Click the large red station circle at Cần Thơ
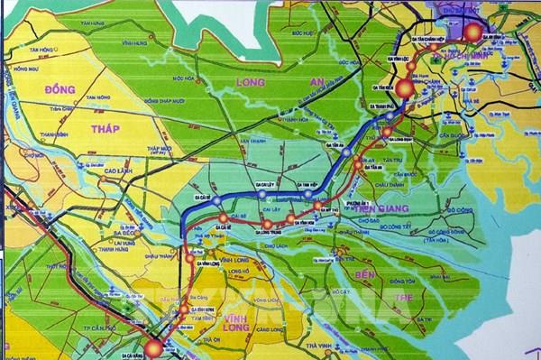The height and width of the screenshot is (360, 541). click(x=155, y=347)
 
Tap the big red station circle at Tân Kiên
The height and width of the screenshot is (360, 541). click(x=403, y=88)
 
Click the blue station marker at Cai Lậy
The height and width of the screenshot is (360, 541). click(x=260, y=194)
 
